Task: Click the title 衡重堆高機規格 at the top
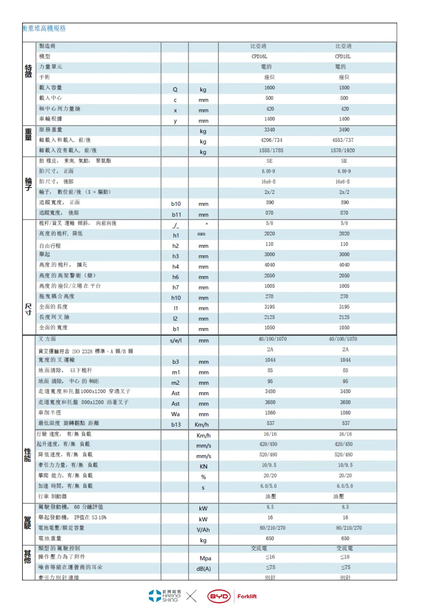click(x=44, y=28)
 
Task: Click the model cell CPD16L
click(x=259, y=57)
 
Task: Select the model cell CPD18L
click(x=342, y=57)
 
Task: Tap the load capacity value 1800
click(x=344, y=88)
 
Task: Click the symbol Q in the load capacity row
click(x=175, y=90)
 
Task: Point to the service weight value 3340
click(x=270, y=130)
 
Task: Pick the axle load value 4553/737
click(x=343, y=140)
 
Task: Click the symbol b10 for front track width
click(x=176, y=204)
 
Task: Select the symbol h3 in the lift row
click(x=176, y=256)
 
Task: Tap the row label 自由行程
click(x=50, y=246)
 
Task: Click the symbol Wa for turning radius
click(x=176, y=414)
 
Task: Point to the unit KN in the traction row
click(x=204, y=466)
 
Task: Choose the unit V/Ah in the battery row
click(x=203, y=530)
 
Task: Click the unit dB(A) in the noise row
click(x=204, y=569)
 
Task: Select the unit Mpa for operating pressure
click(x=205, y=558)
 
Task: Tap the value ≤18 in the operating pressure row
click(x=345, y=557)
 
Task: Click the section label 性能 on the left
click(x=28, y=455)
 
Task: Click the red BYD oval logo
click(x=219, y=596)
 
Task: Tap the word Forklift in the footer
click(x=247, y=596)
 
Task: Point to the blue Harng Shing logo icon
click(x=155, y=596)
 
